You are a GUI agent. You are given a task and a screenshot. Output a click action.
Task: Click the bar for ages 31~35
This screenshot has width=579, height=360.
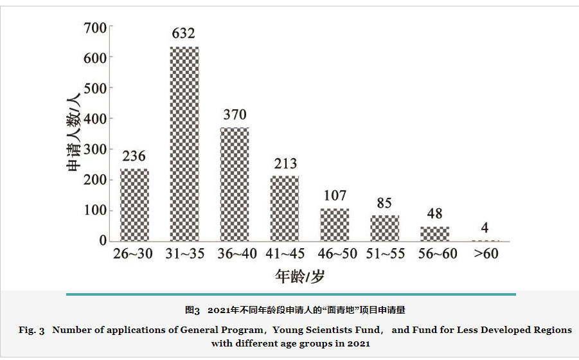pos(184,144)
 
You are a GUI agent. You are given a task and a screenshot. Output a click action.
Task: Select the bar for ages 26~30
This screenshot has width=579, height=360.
pos(134,204)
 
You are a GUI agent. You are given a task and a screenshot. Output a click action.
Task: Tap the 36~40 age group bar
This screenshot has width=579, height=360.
pos(235,184)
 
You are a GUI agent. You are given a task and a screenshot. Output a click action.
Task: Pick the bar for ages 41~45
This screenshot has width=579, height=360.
pos(285,208)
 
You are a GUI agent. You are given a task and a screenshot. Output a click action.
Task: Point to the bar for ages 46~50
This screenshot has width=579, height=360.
pos(335,224)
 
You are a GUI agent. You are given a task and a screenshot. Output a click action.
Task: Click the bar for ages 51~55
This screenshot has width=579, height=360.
pos(384,228)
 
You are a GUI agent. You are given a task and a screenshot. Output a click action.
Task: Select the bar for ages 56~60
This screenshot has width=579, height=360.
pos(434,233)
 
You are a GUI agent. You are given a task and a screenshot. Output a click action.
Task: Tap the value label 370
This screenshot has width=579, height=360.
pos(235,114)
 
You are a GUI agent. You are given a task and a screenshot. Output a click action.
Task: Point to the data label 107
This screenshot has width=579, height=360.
pos(335,195)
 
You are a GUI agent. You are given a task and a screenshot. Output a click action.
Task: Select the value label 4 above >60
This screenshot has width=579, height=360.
pos(485,228)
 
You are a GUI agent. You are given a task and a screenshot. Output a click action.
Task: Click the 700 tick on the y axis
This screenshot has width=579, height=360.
pos(94,28)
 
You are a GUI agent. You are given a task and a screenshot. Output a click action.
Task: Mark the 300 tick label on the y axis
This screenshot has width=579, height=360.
pos(94,149)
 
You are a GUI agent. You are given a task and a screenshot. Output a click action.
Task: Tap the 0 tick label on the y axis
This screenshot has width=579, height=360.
pos(102,240)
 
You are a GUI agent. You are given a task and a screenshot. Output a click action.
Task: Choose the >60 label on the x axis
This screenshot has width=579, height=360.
pos(486,254)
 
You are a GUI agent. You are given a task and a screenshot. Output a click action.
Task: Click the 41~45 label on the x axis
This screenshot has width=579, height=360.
pos(285,254)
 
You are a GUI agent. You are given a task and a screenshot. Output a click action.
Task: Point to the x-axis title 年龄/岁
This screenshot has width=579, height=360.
pos(300,277)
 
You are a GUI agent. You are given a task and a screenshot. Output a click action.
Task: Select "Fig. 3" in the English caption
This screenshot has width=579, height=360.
pos(31,330)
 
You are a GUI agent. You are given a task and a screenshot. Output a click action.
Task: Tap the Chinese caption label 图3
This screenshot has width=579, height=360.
pos(193,310)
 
